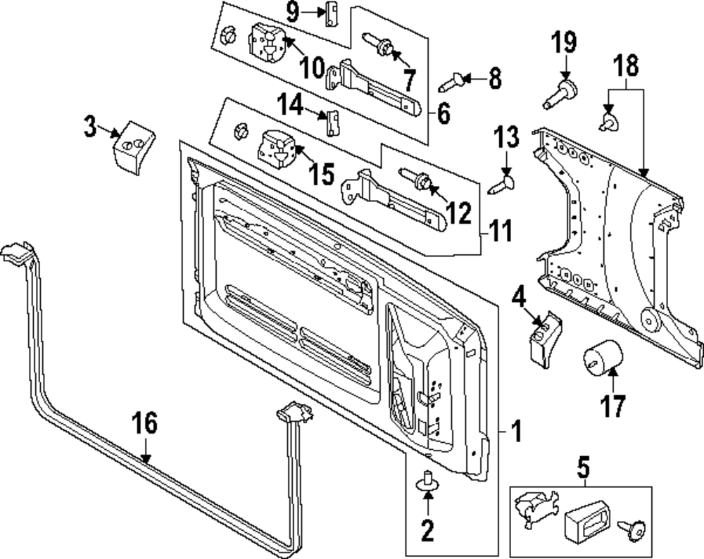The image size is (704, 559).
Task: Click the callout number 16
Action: coord(145,425)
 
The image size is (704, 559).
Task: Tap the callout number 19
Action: coord(563,43)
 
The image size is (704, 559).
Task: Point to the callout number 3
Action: coord(89,128)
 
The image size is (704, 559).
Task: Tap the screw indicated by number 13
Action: coord(502,185)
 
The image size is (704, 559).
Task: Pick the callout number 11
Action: coord(502,231)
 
